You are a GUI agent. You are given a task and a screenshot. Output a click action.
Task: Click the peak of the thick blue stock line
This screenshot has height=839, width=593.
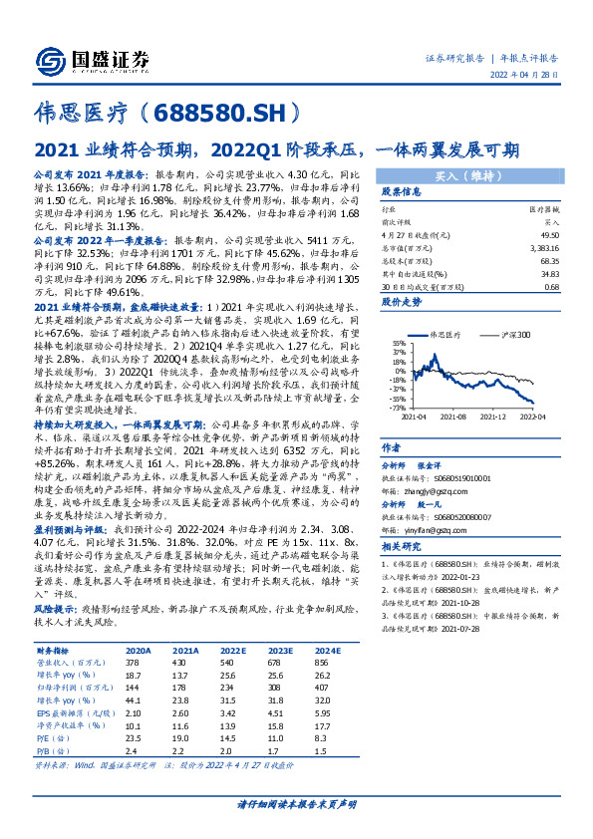424,356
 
